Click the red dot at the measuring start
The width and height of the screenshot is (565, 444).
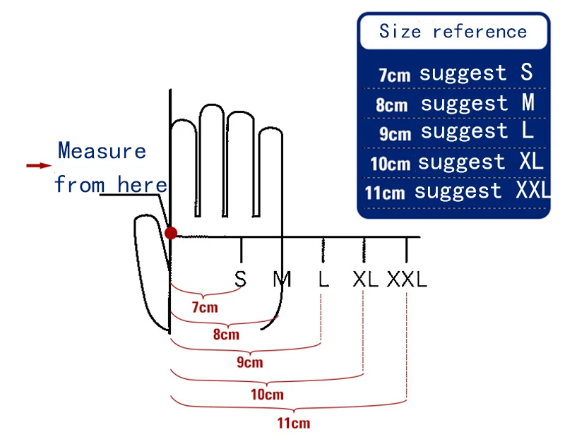[170, 233]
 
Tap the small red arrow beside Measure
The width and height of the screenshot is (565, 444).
[39, 165]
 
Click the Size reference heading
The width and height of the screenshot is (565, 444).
[453, 32]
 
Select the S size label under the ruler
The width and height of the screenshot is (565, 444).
[241, 280]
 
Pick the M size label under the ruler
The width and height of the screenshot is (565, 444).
[282, 280]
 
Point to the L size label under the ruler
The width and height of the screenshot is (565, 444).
[323, 280]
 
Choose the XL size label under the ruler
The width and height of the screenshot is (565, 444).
[365, 280]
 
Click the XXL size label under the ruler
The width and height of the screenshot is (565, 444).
[407, 280]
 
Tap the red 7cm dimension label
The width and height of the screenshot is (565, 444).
[205, 307]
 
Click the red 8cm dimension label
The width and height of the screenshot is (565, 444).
[226, 335]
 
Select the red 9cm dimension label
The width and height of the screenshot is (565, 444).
[249, 362]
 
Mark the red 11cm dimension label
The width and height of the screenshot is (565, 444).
[292, 424]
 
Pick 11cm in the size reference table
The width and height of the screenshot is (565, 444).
[385, 193]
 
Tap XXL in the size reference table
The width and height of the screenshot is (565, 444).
[532, 191]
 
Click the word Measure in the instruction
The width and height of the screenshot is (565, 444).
[102, 151]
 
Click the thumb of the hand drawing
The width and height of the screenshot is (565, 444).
[150, 268]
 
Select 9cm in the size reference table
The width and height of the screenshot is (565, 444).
[395, 133]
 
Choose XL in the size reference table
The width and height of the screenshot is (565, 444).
[530, 161]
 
